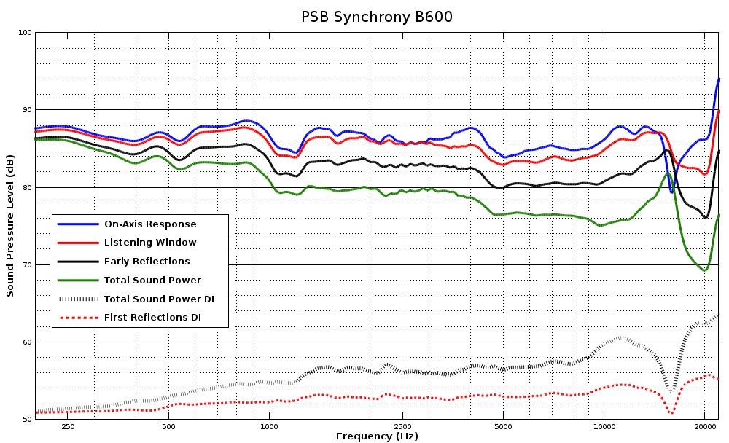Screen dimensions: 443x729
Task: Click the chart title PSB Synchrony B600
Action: click(x=377, y=16)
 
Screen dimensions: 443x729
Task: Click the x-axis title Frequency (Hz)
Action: click(x=377, y=436)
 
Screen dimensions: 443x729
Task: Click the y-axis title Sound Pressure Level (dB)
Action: click(x=10, y=226)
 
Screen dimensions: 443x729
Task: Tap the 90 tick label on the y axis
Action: click(x=26, y=110)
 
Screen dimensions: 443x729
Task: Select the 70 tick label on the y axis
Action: click(x=26, y=265)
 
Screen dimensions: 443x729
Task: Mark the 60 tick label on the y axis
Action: click(x=26, y=342)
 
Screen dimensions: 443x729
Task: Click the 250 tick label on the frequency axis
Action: click(x=68, y=426)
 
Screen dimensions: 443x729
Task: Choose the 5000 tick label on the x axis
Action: click(x=502, y=426)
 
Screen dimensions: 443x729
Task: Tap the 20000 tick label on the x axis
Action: click(x=704, y=426)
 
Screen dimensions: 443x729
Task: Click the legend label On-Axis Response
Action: click(x=150, y=224)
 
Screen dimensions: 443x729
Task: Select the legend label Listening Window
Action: click(x=150, y=243)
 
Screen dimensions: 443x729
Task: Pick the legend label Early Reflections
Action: click(x=147, y=262)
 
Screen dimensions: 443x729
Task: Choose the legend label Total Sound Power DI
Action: click(x=159, y=299)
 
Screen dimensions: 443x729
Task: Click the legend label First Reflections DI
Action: click(x=152, y=318)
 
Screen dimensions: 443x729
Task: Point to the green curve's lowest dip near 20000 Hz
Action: click(x=705, y=270)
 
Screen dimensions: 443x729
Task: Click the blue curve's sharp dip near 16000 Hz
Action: click(x=671, y=192)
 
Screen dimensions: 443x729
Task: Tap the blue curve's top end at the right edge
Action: click(x=719, y=79)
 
